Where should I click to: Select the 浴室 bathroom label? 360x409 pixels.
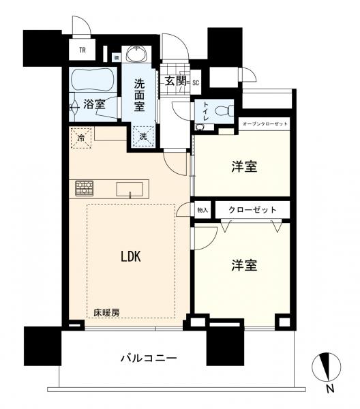tap(95, 104)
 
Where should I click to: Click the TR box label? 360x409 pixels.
tap(82, 50)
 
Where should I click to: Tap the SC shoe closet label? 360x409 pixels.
tap(195, 82)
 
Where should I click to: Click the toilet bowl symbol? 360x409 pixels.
tap(222, 110)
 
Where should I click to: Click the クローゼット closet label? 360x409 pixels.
tap(253, 209)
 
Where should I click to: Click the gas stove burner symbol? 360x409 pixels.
tap(85, 187)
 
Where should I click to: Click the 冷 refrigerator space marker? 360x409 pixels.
tap(82, 136)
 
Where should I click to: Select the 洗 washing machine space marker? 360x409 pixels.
tap(143, 136)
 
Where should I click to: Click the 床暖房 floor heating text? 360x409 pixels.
tap(106, 312)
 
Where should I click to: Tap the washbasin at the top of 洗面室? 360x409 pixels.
tap(140, 55)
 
